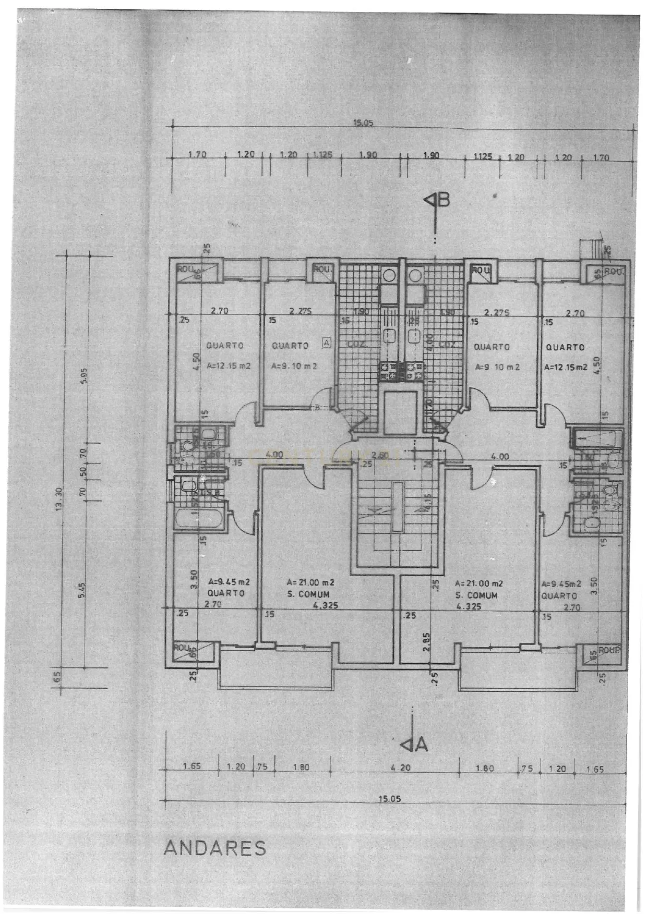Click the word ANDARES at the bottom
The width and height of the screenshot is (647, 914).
(x=215, y=848)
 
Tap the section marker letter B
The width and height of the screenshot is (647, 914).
(x=444, y=200)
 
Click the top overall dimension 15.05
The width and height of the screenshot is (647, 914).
(x=363, y=124)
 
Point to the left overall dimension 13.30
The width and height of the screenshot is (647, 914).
(x=59, y=498)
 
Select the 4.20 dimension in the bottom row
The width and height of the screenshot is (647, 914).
(x=401, y=767)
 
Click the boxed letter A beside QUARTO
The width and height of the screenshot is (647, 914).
(x=327, y=343)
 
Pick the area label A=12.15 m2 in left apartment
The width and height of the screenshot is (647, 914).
(x=229, y=366)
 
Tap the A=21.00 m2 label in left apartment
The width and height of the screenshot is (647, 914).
(x=310, y=582)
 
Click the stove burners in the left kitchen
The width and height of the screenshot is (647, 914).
(x=388, y=371)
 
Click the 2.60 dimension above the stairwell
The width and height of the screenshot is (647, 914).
(x=380, y=455)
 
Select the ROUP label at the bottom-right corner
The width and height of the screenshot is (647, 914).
(x=609, y=650)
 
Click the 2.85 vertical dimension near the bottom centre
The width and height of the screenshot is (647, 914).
(x=426, y=642)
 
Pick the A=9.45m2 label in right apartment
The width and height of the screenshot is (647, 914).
(x=561, y=584)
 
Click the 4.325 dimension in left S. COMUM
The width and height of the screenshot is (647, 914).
(x=325, y=605)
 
